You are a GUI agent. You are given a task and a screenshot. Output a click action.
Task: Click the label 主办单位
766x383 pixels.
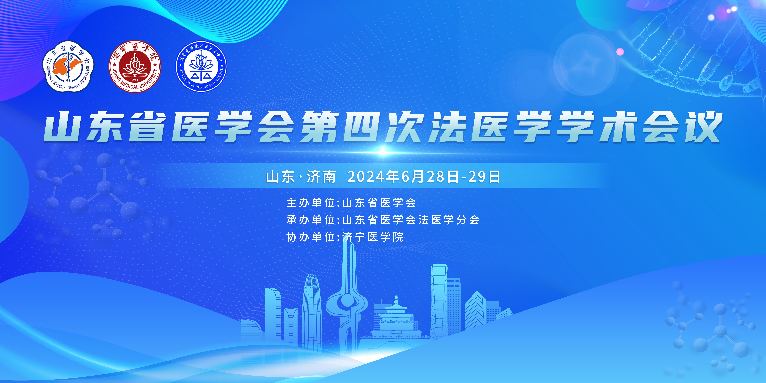311,203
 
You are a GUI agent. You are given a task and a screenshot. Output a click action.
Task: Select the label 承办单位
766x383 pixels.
311,220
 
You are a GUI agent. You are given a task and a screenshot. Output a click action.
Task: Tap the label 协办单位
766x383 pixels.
311,237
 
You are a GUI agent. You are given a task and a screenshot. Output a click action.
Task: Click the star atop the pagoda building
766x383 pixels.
396,297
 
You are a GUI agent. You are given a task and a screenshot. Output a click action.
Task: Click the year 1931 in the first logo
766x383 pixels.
68,80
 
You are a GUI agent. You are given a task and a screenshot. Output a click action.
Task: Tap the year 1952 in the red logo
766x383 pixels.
135,80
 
